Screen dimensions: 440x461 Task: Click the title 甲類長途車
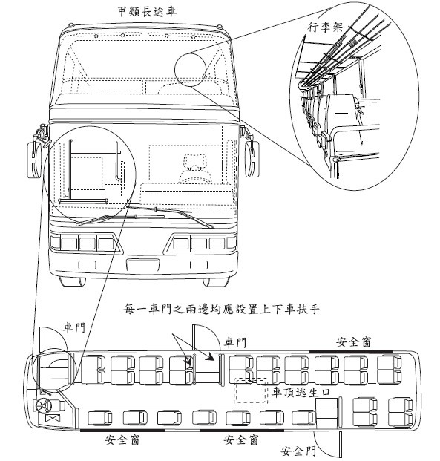(147, 11)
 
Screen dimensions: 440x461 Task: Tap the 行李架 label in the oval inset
(325, 27)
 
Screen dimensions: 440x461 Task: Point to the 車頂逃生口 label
(301, 392)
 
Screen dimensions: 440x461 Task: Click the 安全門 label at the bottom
(298, 450)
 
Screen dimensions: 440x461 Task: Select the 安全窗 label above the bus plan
(354, 342)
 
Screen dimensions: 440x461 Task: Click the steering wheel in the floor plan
(44, 406)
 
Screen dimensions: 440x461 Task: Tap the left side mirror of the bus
(34, 160)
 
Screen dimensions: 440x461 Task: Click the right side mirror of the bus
(252, 159)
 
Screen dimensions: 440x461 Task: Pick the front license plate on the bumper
(143, 265)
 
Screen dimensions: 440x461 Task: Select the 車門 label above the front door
(74, 327)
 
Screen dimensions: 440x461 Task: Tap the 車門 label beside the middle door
(235, 342)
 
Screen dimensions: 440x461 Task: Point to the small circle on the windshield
(190, 70)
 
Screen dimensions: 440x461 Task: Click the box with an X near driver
(53, 418)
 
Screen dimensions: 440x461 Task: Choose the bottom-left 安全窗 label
(122, 439)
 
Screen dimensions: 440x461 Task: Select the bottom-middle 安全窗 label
(241, 439)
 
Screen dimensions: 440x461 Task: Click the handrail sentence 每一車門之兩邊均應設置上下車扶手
(222, 310)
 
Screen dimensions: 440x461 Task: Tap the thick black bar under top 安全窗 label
(351, 351)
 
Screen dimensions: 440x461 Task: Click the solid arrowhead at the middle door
(210, 356)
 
